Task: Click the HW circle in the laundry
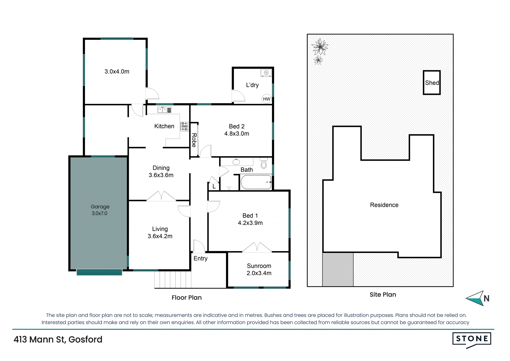(266, 99)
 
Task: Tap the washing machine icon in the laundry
(266, 73)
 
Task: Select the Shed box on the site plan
(432, 82)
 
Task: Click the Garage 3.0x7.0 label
(100, 210)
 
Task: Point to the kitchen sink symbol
(164, 110)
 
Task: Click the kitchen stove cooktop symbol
(184, 126)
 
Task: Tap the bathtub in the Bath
(256, 182)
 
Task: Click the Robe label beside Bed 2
(194, 140)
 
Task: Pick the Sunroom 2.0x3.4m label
(259, 269)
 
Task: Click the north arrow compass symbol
(478, 298)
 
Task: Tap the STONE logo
(472, 340)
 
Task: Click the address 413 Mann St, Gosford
(58, 340)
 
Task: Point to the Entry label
(201, 259)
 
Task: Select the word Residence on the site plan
(384, 205)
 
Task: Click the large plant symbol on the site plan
(320, 47)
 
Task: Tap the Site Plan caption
(383, 294)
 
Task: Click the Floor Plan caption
(186, 297)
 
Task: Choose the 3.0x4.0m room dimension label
(117, 72)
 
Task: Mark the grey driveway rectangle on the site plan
(338, 269)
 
